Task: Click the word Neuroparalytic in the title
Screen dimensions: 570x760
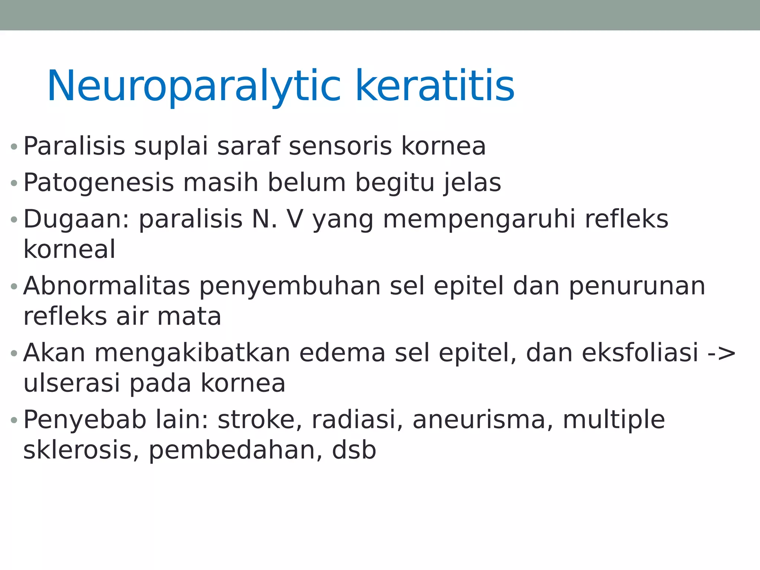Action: pyautogui.click(x=193, y=86)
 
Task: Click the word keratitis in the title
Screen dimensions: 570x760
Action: pyautogui.click(x=435, y=86)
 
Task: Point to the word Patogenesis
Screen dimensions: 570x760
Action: pyautogui.click(x=98, y=183)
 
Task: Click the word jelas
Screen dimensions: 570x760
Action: pyautogui.click(x=473, y=183)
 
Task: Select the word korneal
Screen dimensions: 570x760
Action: pyautogui.click(x=69, y=249)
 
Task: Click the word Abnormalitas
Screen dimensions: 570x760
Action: pyautogui.click(x=107, y=286)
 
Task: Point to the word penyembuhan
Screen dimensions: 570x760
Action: pyautogui.click(x=290, y=287)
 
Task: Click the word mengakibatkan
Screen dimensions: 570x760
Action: pyautogui.click(x=192, y=353)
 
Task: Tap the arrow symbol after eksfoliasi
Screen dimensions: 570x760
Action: pyautogui.click(x=721, y=353)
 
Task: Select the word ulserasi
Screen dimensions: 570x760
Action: pyautogui.click(x=72, y=383)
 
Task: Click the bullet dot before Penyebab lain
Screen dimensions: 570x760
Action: pyautogui.click(x=14, y=420)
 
